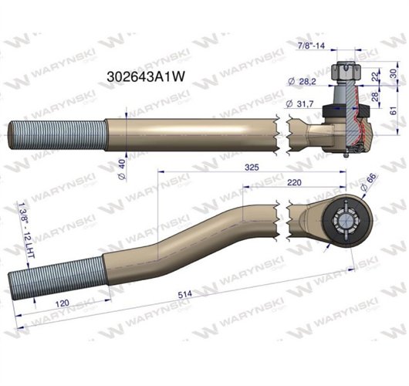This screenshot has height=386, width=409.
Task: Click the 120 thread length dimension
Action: [54, 303]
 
